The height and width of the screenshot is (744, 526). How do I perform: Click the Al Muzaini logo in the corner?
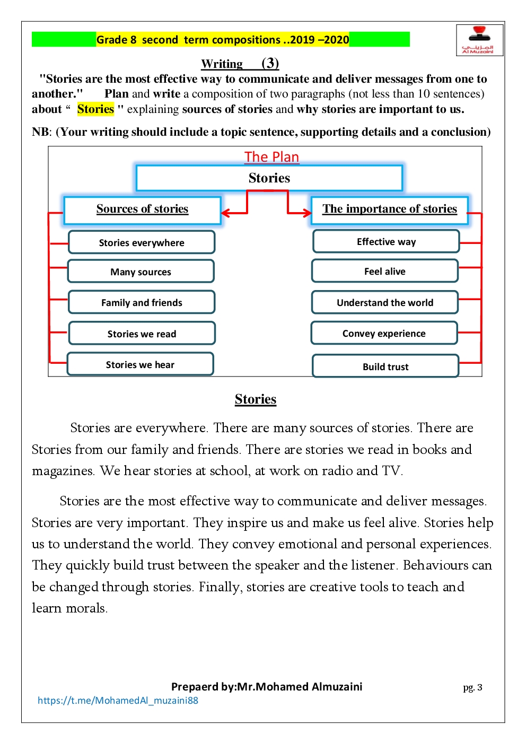pos(479,40)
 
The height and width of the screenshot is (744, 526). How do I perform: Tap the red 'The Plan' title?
pos(271,157)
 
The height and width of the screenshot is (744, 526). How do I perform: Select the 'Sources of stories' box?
pos(142,210)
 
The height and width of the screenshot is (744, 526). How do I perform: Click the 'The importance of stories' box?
pos(389,210)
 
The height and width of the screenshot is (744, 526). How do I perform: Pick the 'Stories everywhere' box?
pos(142,242)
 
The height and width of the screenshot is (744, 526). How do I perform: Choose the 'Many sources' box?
pos(141,272)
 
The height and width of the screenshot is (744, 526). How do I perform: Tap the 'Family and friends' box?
pos(142,302)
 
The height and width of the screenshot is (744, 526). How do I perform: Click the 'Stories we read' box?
pos(142,334)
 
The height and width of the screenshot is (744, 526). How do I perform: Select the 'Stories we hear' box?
pos(140,364)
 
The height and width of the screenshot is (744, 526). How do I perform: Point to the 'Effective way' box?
pos(386,242)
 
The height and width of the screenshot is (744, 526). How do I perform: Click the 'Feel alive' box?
pos(385,272)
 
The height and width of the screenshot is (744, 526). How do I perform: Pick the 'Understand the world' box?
pos(385,302)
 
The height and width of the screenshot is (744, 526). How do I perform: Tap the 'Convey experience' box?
pos(384,333)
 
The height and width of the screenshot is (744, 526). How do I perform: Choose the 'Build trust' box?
pos(385,366)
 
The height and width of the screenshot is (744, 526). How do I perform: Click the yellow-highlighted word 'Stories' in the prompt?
pos(95,109)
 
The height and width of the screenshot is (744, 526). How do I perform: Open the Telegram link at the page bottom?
pos(118,701)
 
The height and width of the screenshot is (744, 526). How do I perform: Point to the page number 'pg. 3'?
pos(472,687)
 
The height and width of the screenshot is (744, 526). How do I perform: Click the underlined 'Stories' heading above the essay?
pos(256,399)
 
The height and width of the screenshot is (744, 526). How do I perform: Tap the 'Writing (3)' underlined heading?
pos(240,64)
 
